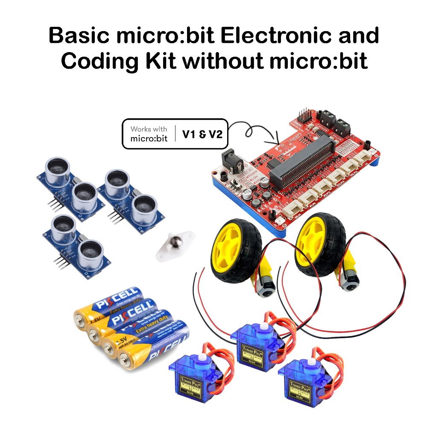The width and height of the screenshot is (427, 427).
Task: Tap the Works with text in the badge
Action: [149, 129]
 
